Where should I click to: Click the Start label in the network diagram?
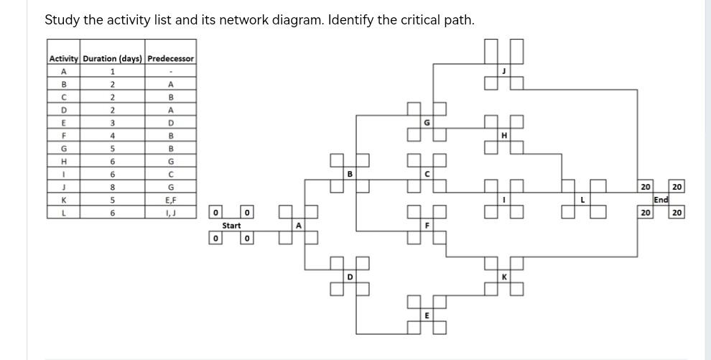coord(231,226)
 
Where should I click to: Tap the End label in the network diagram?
coord(661,200)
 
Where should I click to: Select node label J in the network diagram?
coord(504,70)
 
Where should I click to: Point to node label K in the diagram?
coord(504,277)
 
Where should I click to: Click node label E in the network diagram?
coord(427,315)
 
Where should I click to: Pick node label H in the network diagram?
coord(504,135)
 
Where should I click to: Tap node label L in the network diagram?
coord(582,200)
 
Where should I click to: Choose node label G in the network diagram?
coord(427,122)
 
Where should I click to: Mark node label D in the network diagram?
coord(350,277)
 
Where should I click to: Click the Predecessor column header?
coord(170,58)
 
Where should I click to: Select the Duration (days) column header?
coord(112,58)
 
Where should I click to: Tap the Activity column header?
coord(63,58)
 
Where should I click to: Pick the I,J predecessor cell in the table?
coord(170,213)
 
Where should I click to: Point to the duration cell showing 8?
coord(112,188)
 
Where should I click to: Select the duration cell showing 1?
coord(112,71)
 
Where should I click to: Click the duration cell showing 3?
coord(112,123)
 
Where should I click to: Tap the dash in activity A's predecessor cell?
coord(170,71)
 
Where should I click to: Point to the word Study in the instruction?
coord(62,20)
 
